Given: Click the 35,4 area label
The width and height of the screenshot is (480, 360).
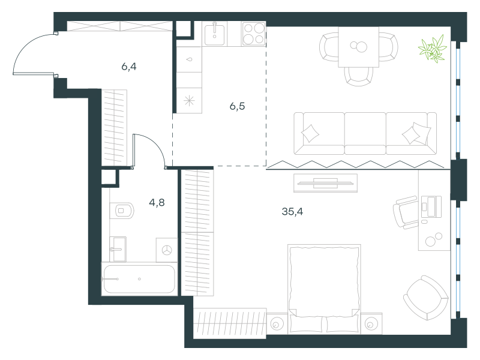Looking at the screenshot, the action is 292,212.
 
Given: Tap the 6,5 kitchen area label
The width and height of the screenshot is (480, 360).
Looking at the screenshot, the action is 237,107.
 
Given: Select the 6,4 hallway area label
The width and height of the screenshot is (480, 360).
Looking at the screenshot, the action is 129,67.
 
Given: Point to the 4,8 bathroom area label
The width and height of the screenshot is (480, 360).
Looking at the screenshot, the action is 157,202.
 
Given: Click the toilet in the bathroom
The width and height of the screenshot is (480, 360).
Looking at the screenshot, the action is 122,211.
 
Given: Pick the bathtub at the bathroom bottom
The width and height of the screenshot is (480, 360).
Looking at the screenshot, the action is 139,279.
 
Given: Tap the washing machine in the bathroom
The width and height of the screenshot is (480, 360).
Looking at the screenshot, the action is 167,250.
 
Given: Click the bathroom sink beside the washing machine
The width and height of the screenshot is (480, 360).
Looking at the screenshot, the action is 118,249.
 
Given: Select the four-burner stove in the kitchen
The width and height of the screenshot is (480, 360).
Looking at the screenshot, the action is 253,34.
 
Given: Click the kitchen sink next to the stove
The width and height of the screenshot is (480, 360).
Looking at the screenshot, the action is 215,34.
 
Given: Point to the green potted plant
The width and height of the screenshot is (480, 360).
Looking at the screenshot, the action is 433,49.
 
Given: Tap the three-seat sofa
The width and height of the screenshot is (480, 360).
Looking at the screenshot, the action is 365,133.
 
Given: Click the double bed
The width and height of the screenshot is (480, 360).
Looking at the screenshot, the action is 324,289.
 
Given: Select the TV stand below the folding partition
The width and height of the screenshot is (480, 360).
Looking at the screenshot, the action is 325,183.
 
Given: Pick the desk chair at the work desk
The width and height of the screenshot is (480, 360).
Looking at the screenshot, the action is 406,212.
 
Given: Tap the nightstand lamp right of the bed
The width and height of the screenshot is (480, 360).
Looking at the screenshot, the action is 371,324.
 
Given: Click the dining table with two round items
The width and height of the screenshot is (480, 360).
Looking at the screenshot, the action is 358,47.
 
